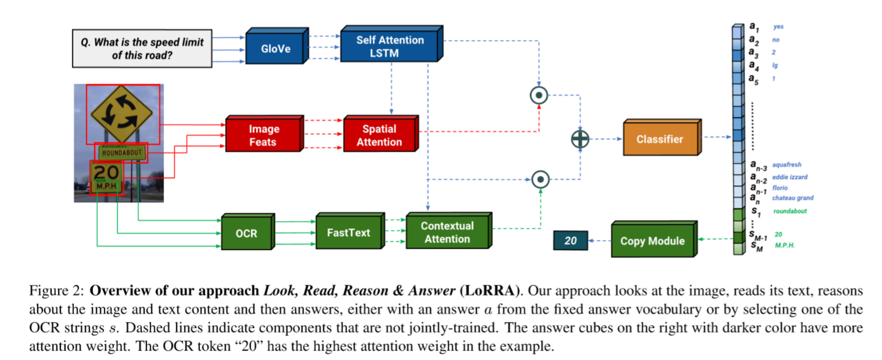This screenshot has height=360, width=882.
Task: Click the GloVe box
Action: (275, 48)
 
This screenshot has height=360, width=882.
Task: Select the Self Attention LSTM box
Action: (390, 47)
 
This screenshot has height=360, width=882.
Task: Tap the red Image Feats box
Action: (263, 135)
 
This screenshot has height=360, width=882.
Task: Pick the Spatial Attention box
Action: (379, 135)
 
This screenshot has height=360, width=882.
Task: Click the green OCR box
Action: (246, 233)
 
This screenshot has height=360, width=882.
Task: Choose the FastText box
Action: (348, 233)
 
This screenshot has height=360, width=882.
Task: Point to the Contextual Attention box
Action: (447, 232)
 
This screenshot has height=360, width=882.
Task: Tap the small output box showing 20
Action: (570, 240)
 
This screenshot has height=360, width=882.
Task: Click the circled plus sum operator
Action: (580, 139)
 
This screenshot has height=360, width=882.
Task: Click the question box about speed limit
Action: (142, 49)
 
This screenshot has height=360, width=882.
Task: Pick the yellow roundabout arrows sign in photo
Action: (122, 113)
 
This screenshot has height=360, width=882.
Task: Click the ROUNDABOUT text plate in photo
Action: (121, 153)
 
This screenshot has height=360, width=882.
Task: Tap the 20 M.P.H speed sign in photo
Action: (106, 178)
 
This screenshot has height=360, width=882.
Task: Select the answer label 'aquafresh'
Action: (787, 165)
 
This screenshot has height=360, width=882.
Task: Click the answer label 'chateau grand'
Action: (793, 198)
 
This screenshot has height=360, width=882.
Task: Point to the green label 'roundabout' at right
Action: (790, 211)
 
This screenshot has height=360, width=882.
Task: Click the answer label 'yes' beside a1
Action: (778, 27)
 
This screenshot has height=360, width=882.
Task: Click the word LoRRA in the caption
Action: (489, 291)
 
